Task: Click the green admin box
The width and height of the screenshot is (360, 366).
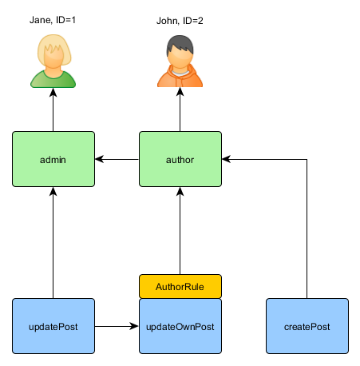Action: (x=53, y=159)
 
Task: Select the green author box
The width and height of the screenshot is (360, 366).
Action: (x=180, y=159)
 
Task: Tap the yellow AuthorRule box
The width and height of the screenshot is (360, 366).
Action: (x=180, y=286)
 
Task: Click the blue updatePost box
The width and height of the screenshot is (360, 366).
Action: (x=53, y=326)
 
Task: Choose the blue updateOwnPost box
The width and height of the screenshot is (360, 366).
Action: (x=180, y=326)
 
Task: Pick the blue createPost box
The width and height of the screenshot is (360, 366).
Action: (x=307, y=326)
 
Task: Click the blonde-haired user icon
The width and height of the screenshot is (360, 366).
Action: (x=53, y=62)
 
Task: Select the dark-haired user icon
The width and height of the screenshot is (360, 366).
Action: (x=180, y=62)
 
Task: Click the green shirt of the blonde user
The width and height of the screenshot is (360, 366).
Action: (x=53, y=80)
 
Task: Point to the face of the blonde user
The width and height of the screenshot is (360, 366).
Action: (x=53, y=60)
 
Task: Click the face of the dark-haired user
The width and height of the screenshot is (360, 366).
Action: (x=180, y=58)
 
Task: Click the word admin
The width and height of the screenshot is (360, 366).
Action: (x=53, y=160)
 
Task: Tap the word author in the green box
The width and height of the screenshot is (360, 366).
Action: (x=180, y=160)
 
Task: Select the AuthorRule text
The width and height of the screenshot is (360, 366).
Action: (x=180, y=286)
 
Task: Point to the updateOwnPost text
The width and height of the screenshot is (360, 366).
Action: (x=180, y=327)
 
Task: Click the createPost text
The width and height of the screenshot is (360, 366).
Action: (x=307, y=327)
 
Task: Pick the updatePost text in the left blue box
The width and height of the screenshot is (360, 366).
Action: (x=53, y=327)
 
